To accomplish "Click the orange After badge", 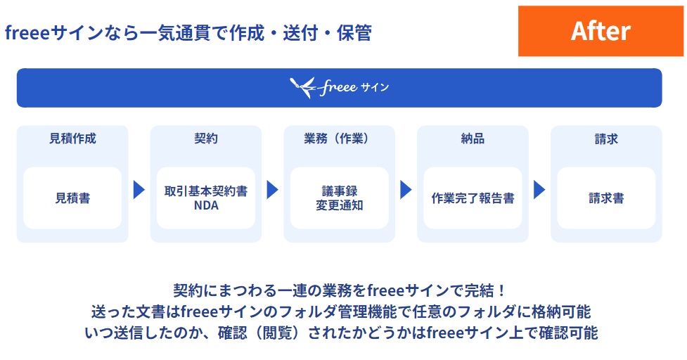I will click(x=601, y=31).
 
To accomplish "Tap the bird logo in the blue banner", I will click(x=304, y=87).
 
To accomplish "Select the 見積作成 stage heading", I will click(x=72, y=139).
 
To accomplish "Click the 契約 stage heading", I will click(x=206, y=139).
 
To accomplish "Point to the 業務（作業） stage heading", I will click(x=339, y=139).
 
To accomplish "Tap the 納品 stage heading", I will click(x=473, y=139).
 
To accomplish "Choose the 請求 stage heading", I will click(x=606, y=139).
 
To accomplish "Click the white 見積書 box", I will click(x=72, y=198).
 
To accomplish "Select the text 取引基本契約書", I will click(x=206, y=191).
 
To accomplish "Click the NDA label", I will click(x=206, y=205).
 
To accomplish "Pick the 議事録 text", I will click(x=339, y=191).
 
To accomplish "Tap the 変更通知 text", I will click(x=339, y=205).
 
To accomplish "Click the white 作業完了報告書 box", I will click(x=473, y=198).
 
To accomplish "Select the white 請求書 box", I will click(x=606, y=198).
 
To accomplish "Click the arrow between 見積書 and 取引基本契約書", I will click(x=139, y=190).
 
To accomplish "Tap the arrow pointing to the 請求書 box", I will click(x=539, y=190).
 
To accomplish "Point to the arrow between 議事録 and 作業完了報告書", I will click(x=406, y=190).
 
